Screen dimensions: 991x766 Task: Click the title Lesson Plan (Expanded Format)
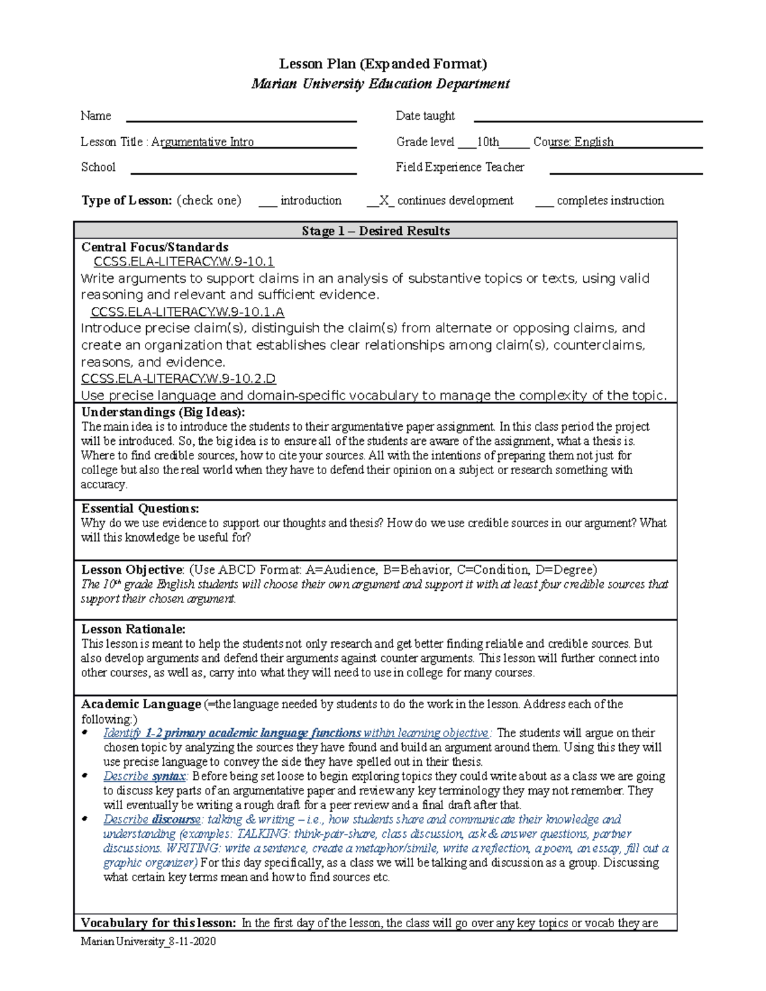click(x=383, y=64)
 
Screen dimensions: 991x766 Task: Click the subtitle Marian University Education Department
click(x=380, y=84)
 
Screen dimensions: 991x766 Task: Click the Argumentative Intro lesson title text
click(x=202, y=142)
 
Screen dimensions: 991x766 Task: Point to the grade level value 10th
click(x=488, y=142)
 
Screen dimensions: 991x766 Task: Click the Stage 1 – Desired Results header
click(x=375, y=231)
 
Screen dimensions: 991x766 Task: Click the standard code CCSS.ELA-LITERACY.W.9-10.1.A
click(x=188, y=312)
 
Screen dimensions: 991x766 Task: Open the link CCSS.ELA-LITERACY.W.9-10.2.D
click(x=178, y=379)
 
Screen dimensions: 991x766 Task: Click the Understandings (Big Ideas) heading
click(x=163, y=412)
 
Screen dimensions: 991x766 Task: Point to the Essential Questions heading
click(x=140, y=509)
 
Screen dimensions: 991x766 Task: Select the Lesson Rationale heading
click(x=133, y=629)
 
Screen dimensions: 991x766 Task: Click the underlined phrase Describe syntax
click(x=144, y=777)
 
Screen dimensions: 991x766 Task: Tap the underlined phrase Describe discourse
click(x=152, y=819)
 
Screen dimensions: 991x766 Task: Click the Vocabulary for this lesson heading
click(x=158, y=923)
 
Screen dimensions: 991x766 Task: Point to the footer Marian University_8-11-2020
click(x=148, y=941)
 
